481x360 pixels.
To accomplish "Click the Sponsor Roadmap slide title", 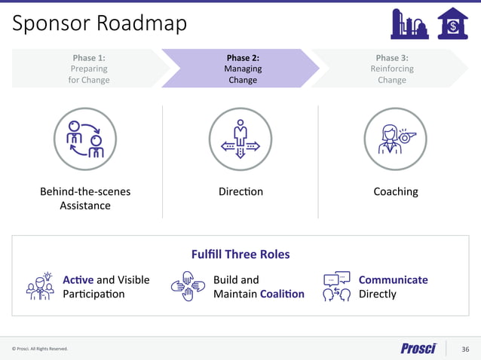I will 100,23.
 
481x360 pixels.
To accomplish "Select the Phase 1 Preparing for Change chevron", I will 89,69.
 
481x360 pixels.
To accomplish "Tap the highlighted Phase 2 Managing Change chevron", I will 242,69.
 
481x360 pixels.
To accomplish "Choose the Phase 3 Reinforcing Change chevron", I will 391,69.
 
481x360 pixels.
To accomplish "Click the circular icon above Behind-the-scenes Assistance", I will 85,139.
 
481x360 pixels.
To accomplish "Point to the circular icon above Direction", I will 240,139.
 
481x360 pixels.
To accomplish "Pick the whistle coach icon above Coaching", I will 396,139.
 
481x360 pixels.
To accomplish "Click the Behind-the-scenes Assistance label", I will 85,199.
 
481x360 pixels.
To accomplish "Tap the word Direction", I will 240,191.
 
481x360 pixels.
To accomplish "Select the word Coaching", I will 396,191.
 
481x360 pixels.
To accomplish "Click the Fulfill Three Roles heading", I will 240,255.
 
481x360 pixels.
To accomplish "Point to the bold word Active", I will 78,280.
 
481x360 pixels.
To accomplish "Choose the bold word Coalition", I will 282,294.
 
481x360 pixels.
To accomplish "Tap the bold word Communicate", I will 393,280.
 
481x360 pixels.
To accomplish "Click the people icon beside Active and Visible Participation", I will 40,286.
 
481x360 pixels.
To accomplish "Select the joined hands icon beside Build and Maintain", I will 188,286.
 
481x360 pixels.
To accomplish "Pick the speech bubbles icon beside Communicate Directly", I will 336,286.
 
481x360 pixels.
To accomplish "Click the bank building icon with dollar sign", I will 452,23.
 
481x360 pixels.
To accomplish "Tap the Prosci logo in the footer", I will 418,348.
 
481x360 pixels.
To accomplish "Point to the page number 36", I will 465,349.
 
